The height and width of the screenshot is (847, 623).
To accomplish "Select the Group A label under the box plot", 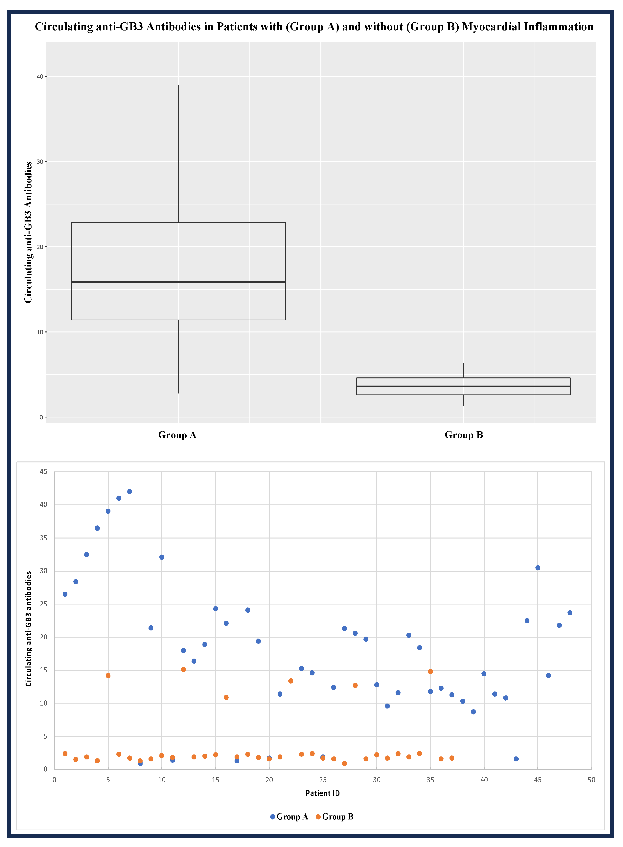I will (x=177, y=435).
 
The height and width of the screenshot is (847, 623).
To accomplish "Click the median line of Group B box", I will (x=463, y=386).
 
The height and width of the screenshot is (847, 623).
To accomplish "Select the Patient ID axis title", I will (x=323, y=793).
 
